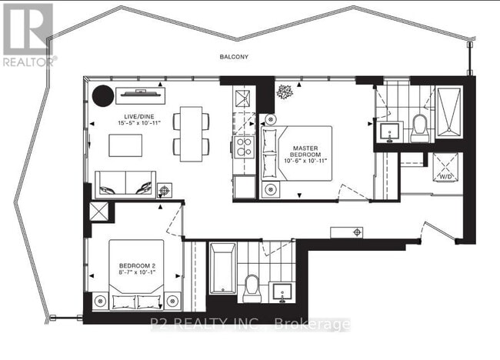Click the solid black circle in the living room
tap(102, 95)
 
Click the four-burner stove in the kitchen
tap(245, 146)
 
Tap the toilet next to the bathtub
tap(252, 288)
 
